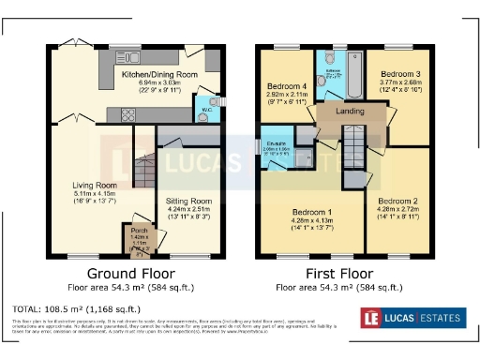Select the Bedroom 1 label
point(306,211)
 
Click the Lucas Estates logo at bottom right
point(419,317)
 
